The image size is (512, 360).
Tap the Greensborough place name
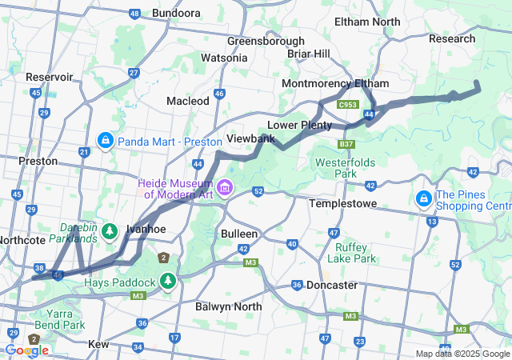(266, 41)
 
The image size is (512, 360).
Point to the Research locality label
(452, 38)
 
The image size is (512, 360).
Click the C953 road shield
(347, 105)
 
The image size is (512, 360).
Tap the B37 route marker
(346, 144)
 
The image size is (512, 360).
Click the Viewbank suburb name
(250, 138)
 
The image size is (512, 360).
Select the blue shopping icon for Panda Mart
(105, 142)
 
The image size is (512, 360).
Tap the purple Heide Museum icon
(225, 189)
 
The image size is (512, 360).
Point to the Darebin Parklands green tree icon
(110, 232)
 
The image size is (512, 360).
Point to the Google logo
(26, 350)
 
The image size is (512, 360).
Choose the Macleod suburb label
(187, 101)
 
